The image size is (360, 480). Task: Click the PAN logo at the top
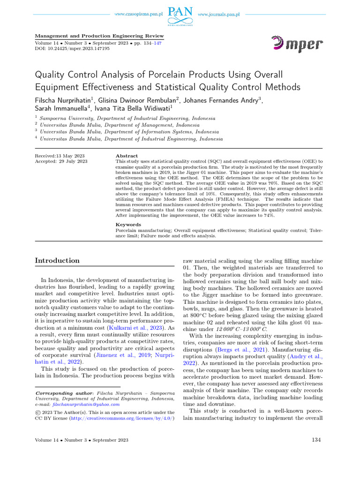(180, 15)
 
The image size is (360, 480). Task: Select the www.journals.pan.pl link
(219, 15)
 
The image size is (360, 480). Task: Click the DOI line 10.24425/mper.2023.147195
(73, 48)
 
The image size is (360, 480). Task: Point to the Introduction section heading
(58, 261)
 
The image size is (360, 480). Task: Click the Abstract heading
(127, 156)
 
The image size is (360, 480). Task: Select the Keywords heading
(128, 225)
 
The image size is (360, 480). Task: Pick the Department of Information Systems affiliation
(129, 132)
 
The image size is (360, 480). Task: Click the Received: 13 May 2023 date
(60, 156)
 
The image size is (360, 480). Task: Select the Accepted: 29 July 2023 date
(61, 162)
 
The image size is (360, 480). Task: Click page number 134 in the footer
(317, 440)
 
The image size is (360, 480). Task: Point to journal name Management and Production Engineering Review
(100, 36)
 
